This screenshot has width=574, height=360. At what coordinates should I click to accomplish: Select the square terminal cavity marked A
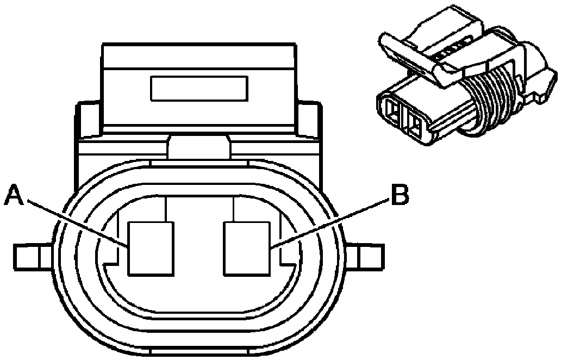point(151,248)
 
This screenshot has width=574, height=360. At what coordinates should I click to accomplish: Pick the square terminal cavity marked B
point(248,248)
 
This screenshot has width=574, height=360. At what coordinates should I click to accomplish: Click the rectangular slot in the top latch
point(199,89)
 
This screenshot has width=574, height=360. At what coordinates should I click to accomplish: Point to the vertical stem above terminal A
point(164,209)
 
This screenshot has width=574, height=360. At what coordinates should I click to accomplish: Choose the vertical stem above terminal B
point(233,209)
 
